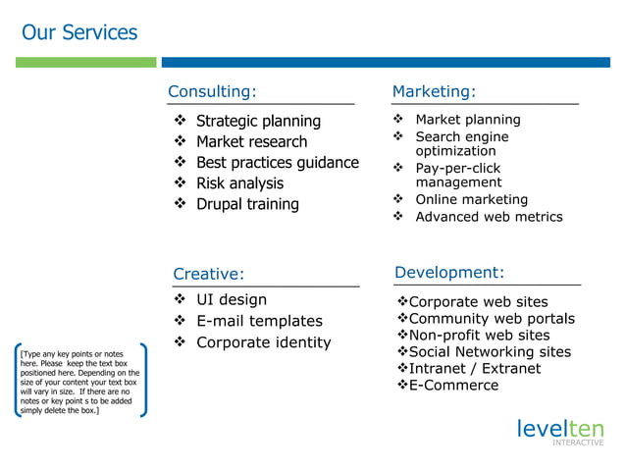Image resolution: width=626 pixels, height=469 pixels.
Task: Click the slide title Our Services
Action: pos(79,32)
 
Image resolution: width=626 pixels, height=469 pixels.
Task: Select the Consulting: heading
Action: pos(212,92)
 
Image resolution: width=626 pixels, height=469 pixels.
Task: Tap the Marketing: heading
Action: pos(434,92)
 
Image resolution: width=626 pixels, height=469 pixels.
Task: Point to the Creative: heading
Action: pos(208,274)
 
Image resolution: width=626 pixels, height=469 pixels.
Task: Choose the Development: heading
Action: pos(449,272)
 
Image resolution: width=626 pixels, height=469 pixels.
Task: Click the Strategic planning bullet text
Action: pos(258,121)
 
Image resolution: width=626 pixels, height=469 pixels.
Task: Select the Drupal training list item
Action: pos(247,204)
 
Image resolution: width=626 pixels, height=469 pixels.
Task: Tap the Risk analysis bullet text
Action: pos(239,183)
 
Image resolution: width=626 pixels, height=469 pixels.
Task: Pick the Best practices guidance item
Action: pos(278,162)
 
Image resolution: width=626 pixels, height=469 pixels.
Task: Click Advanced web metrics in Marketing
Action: pos(489,217)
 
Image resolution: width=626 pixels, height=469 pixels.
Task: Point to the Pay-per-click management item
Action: pos(458,176)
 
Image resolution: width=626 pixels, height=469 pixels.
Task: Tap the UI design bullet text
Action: pos(232,299)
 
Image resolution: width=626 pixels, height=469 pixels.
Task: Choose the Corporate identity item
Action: pos(264,342)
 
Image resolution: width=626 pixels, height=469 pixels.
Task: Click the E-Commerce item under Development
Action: pos(453,386)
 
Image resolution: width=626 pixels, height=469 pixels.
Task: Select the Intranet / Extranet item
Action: pos(474,368)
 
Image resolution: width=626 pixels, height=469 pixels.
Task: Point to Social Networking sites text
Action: pos(489,351)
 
